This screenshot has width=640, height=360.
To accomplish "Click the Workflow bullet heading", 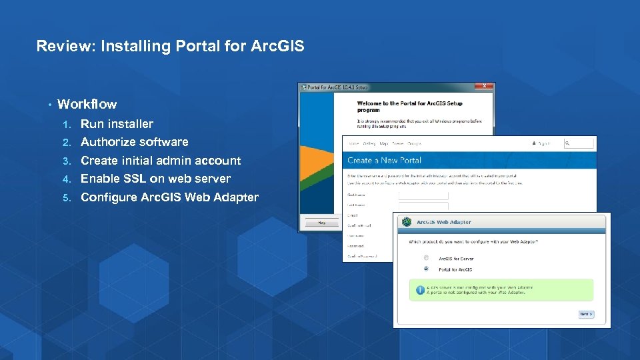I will coord(87,104).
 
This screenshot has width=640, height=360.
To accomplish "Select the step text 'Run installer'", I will coord(117,124).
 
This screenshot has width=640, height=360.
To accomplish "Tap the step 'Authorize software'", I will coord(134,142).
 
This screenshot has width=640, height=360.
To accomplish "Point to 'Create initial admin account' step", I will coord(160,161).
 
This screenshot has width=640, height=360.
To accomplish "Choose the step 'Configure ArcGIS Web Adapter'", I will coord(169,197).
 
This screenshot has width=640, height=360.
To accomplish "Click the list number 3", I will coord(66,161).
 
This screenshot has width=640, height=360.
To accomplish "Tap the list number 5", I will coord(66,198).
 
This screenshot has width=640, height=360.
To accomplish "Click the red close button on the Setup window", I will coord(485,87).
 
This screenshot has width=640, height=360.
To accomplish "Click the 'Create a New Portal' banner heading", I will coord(384,161).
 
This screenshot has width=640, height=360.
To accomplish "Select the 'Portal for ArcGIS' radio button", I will coord(426,269).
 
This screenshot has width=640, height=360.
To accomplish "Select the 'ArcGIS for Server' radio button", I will coord(426,258).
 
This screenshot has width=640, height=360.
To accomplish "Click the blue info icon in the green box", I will coord(420,290).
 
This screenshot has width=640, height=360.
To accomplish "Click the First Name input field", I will coord(423,195).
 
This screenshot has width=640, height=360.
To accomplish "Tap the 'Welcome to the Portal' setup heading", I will coord(409,104).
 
